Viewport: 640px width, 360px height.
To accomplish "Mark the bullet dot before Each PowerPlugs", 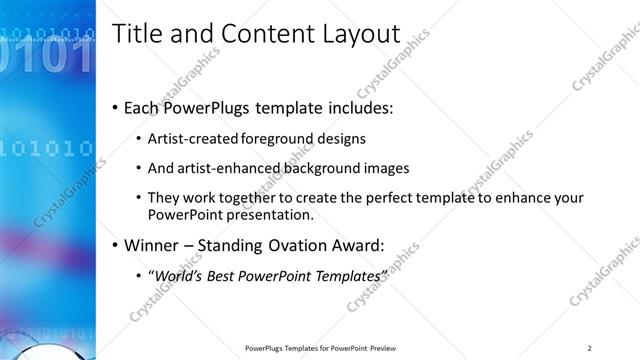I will point(115,107).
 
